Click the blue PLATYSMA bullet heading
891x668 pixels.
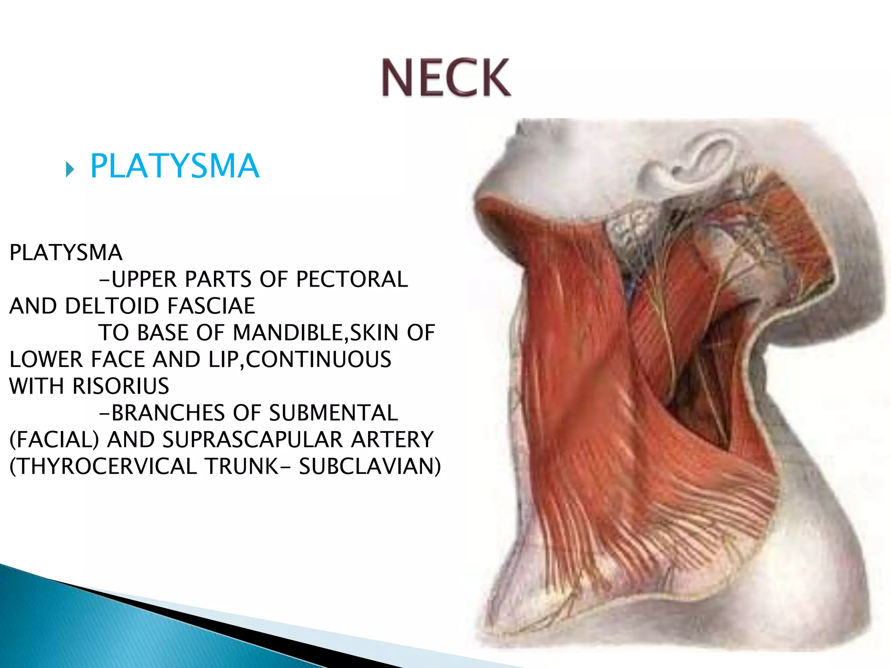click(174, 166)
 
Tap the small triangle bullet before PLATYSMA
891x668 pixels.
click(70, 169)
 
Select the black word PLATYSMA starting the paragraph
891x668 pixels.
click(66, 253)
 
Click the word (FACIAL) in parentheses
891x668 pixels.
click(54, 440)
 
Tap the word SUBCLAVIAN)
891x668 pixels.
click(370, 467)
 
